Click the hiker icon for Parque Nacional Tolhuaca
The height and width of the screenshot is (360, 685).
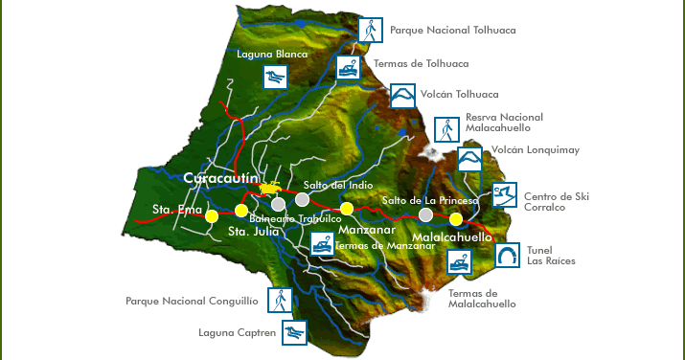tap(370, 30)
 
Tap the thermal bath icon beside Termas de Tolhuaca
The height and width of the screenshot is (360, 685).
tap(347, 67)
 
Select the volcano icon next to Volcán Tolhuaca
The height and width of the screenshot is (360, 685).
tap(403, 96)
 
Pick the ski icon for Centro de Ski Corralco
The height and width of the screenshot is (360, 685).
tap(504, 195)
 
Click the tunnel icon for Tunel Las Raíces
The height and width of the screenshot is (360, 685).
tap(508, 256)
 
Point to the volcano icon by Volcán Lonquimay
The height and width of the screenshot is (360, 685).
tap(469, 158)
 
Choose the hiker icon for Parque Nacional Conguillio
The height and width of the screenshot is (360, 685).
tap(280, 300)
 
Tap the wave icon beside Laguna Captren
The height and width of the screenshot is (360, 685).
tap(294, 333)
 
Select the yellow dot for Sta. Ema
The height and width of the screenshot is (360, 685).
tap(211, 216)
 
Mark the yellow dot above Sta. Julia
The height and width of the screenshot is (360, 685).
tap(241, 210)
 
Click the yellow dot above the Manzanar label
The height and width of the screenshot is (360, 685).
tap(347, 208)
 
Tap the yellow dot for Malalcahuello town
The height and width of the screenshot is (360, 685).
tap(456, 219)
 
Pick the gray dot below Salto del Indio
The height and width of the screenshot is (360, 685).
tap(302, 199)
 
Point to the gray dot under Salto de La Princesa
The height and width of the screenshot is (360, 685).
tap(425, 214)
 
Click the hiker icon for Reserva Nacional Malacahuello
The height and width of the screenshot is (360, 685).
tap(445, 128)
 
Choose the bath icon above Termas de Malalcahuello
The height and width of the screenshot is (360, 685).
tap(459, 261)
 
